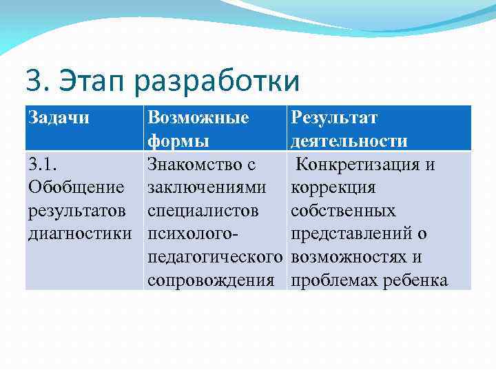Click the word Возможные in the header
coord(198,118)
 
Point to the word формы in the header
coord(179,141)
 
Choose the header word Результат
coord(334,118)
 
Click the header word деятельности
coord(349,141)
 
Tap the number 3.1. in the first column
coord(42,165)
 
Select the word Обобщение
coord(76,187)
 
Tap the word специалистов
coord(203,211)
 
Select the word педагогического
coord(215,257)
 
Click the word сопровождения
coord(211,280)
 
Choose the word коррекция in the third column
coord(333,187)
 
